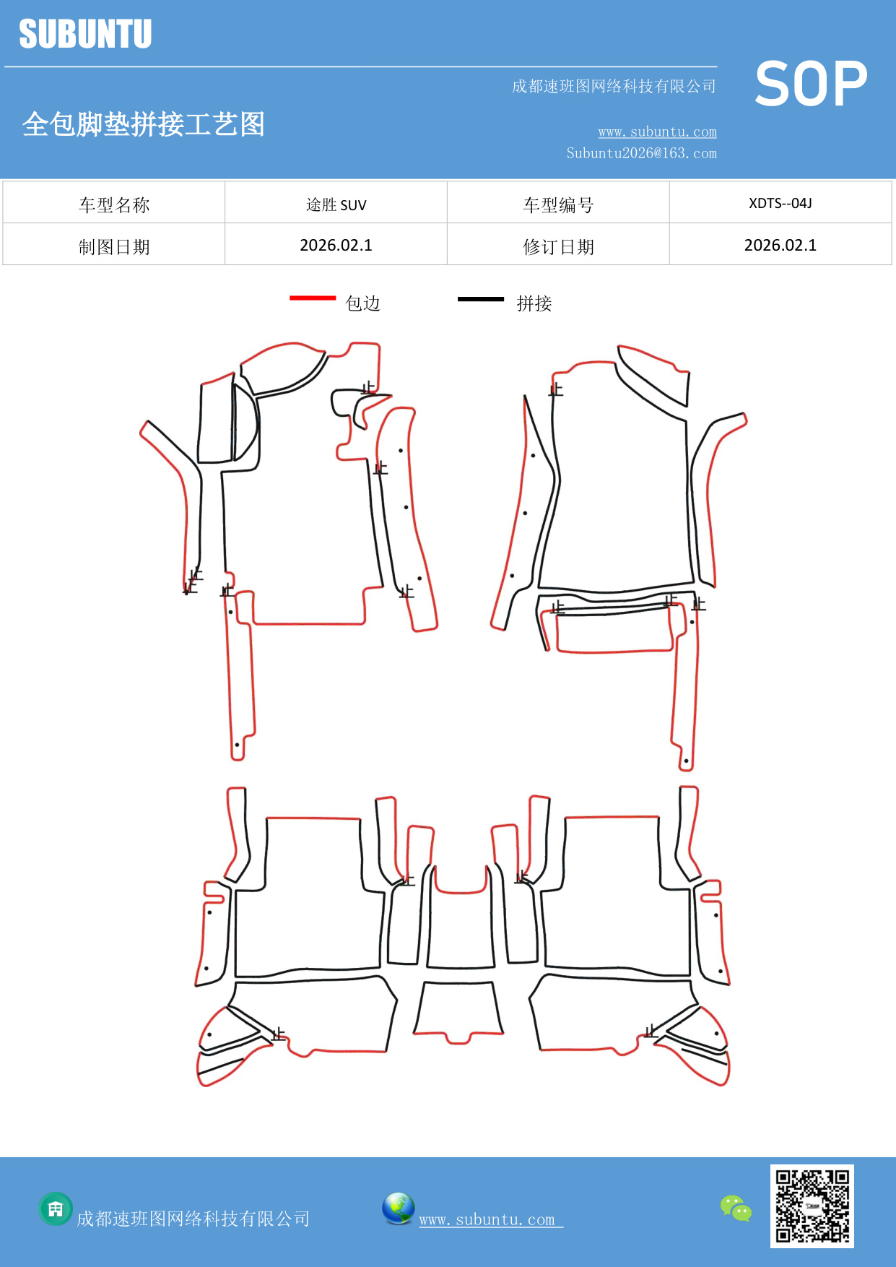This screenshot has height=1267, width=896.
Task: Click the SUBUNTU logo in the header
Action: (85, 34)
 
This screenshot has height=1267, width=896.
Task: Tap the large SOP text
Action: (811, 84)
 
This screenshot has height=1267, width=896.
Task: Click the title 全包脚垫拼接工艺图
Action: (144, 124)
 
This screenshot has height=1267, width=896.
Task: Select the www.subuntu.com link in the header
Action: (657, 131)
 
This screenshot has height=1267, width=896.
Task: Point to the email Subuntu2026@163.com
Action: (641, 153)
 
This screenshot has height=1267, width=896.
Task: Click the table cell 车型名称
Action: (114, 205)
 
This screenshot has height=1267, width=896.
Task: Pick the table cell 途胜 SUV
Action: (336, 205)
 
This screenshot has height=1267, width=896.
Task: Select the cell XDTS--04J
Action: (780, 204)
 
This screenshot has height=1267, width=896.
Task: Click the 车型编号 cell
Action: (558, 205)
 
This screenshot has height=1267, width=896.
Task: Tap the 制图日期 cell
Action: (114, 247)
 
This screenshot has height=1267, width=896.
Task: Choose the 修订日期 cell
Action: (558, 247)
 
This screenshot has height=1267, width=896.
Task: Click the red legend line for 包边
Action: (313, 298)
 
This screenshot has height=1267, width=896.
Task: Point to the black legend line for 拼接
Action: (481, 298)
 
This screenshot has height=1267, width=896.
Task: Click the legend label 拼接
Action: (534, 303)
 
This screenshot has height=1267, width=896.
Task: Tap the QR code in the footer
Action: (812, 1206)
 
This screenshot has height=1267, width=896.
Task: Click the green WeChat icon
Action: (736, 1208)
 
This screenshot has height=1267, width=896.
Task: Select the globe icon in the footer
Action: (399, 1208)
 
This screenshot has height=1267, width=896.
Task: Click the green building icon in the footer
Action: (56, 1208)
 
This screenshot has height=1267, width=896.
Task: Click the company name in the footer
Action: (193, 1219)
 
